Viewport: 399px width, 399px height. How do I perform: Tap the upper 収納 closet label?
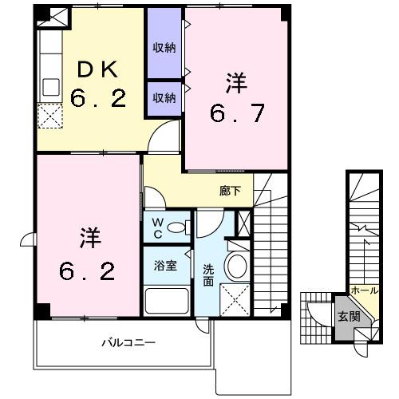pyautogui.click(x=164, y=46)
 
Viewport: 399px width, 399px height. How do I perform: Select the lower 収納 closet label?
pyautogui.click(x=164, y=98)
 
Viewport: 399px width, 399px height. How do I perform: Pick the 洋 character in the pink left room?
pyautogui.click(x=89, y=239)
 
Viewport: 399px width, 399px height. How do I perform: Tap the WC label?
pyautogui.click(x=157, y=226)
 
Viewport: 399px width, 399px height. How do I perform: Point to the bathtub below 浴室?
pyautogui.click(x=165, y=302)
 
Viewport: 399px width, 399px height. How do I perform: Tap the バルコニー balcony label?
pyautogui.click(x=128, y=342)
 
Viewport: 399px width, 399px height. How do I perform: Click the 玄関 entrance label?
pyautogui.click(x=349, y=316)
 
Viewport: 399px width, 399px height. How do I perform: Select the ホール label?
pyautogui.click(x=364, y=291)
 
